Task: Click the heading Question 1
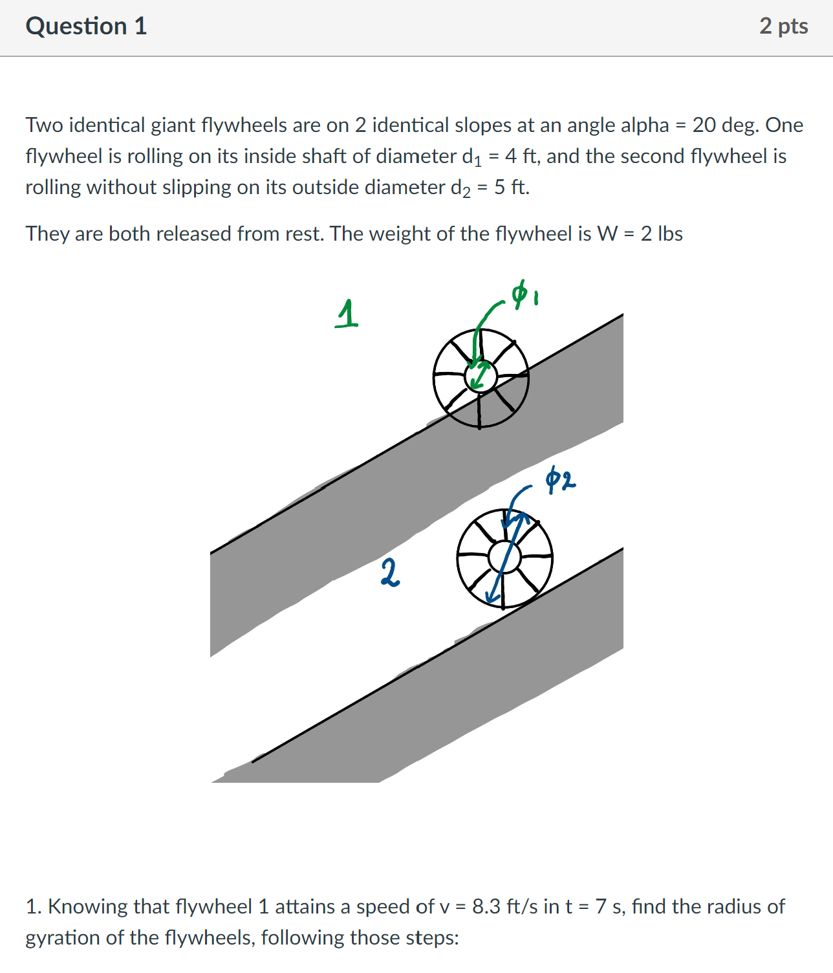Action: click(86, 27)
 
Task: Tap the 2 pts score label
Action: click(783, 27)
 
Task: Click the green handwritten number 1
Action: click(347, 314)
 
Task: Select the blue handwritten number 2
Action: click(389, 573)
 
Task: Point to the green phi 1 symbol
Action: click(525, 295)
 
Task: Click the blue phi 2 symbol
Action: click(559, 480)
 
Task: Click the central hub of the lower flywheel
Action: click(504, 557)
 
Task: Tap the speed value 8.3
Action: click(486, 906)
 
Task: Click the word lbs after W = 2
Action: click(670, 234)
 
